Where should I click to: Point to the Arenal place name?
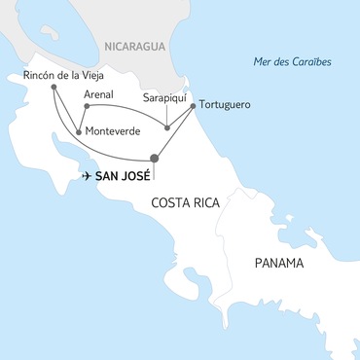(x=100, y=94)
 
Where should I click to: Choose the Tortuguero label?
(x=230, y=102)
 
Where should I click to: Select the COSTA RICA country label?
(x=183, y=202)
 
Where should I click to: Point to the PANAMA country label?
(x=278, y=264)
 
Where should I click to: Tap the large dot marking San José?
(x=154, y=159)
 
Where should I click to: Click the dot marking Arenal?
(x=88, y=105)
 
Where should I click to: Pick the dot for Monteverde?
(x=78, y=132)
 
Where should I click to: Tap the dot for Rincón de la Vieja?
(x=53, y=89)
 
